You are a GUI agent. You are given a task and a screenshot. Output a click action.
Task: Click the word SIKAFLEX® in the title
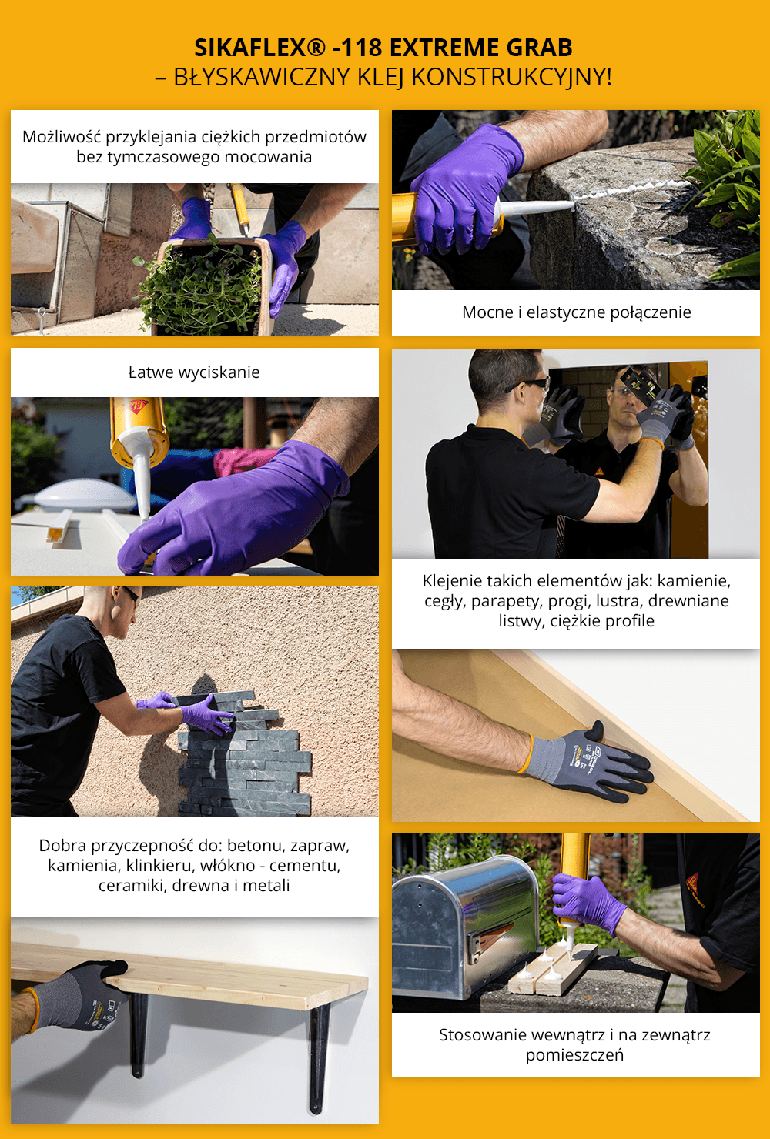click(259, 48)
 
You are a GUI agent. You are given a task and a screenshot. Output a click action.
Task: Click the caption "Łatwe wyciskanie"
click(194, 372)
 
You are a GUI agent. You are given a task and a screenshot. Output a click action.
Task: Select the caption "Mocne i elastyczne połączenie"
click(576, 312)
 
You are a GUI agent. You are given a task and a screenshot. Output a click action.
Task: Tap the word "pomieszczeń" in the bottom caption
click(574, 1055)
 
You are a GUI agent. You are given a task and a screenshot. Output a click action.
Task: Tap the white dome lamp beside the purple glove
click(76, 495)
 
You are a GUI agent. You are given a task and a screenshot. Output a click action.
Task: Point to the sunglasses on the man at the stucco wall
click(131, 593)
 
